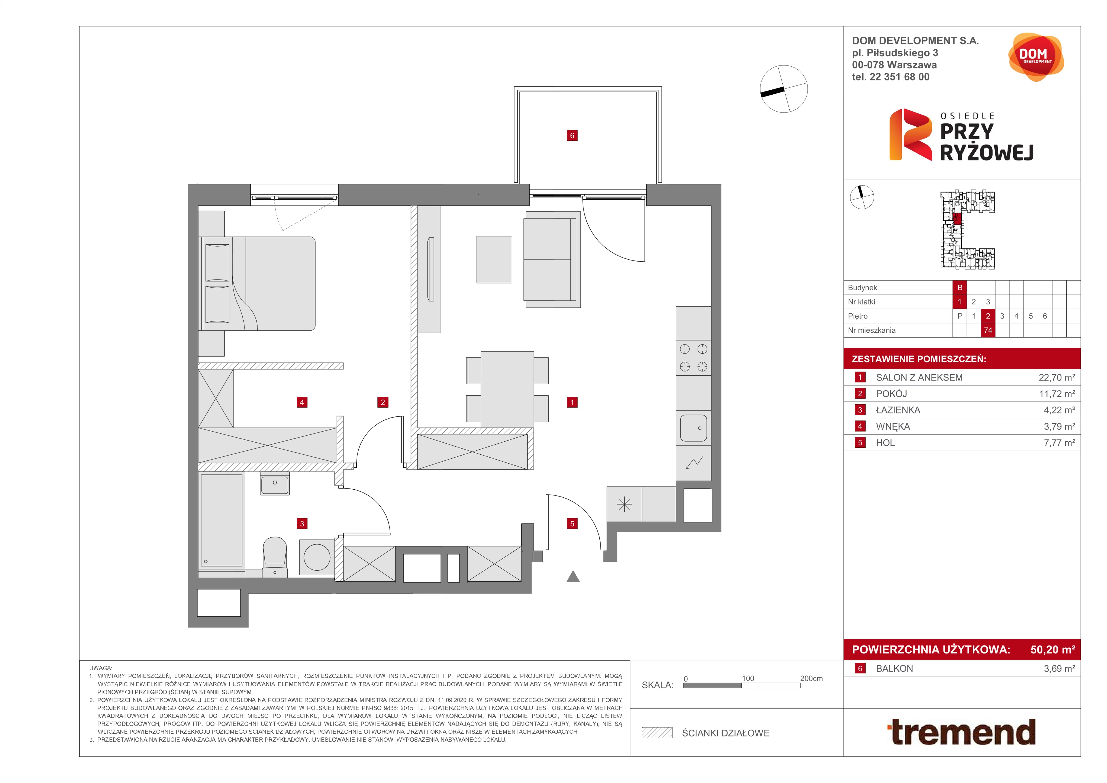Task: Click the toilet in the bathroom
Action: coord(275,557)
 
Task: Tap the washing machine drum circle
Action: coord(317,557)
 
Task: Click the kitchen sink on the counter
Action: coord(693,428)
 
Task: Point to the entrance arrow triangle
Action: coord(573,576)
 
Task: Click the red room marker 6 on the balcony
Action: coord(572,136)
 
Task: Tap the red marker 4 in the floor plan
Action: coord(302,402)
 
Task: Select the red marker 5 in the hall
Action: coord(572,523)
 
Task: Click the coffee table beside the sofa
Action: coord(494,260)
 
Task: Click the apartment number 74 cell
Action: coord(988,330)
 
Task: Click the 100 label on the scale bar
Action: coord(748,678)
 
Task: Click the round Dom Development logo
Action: coord(1036,57)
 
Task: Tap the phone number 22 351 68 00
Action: coord(900,77)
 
